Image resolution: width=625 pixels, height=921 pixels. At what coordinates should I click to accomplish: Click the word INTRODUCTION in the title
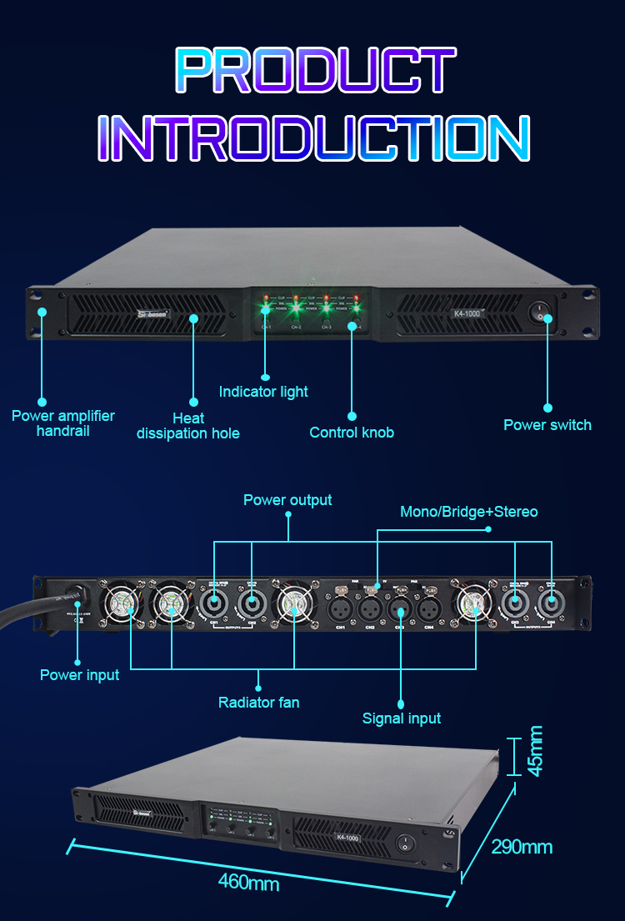(x=313, y=138)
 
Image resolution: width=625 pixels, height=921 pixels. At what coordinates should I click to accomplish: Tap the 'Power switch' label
(x=547, y=425)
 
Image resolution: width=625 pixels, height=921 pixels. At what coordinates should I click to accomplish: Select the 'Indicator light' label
(x=263, y=392)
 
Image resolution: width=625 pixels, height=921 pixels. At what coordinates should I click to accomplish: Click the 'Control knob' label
(x=352, y=433)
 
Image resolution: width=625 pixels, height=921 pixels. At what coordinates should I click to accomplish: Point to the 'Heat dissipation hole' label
(x=187, y=425)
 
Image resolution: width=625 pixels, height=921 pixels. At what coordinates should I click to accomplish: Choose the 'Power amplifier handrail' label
(x=63, y=423)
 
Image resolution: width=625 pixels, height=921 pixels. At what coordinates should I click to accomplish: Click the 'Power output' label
(x=287, y=500)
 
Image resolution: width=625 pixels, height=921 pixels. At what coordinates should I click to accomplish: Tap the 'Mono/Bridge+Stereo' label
(x=469, y=512)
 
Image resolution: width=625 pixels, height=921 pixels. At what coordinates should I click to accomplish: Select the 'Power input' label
(x=80, y=675)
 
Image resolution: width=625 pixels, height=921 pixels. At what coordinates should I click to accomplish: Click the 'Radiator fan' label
(x=259, y=703)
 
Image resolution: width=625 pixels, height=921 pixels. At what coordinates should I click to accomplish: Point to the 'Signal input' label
(x=402, y=718)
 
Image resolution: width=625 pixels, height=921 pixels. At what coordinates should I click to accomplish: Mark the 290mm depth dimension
(x=522, y=848)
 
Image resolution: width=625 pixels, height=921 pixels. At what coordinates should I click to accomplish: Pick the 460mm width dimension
(x=249, y=882)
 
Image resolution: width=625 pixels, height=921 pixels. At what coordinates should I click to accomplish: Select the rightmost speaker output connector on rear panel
(x=551, y=601)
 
